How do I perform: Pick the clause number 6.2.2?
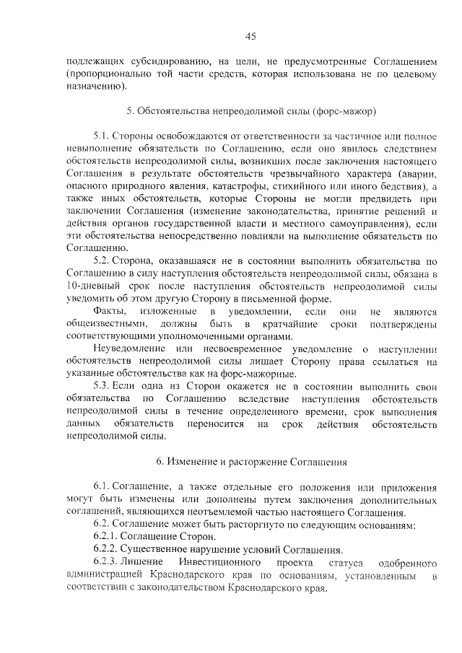108,549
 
